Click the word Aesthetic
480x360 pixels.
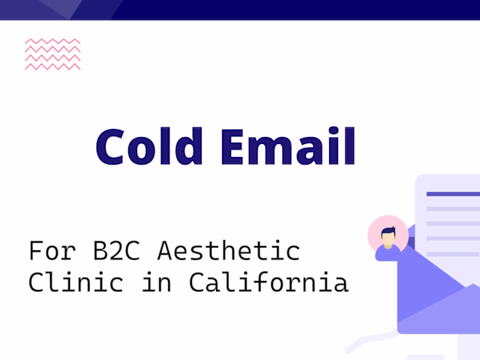click(x=228, y=251)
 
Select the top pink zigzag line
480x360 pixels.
click(x=52, y=42)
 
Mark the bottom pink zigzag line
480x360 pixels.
click(x=52, y=67)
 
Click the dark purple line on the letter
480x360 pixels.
click(x=453, y=194)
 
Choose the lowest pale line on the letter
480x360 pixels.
click(x=453, y=254)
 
